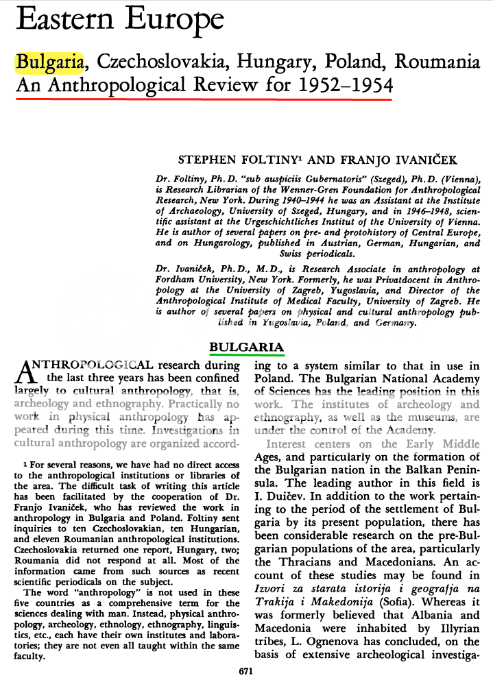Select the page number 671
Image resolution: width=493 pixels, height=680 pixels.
pos(246,670)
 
